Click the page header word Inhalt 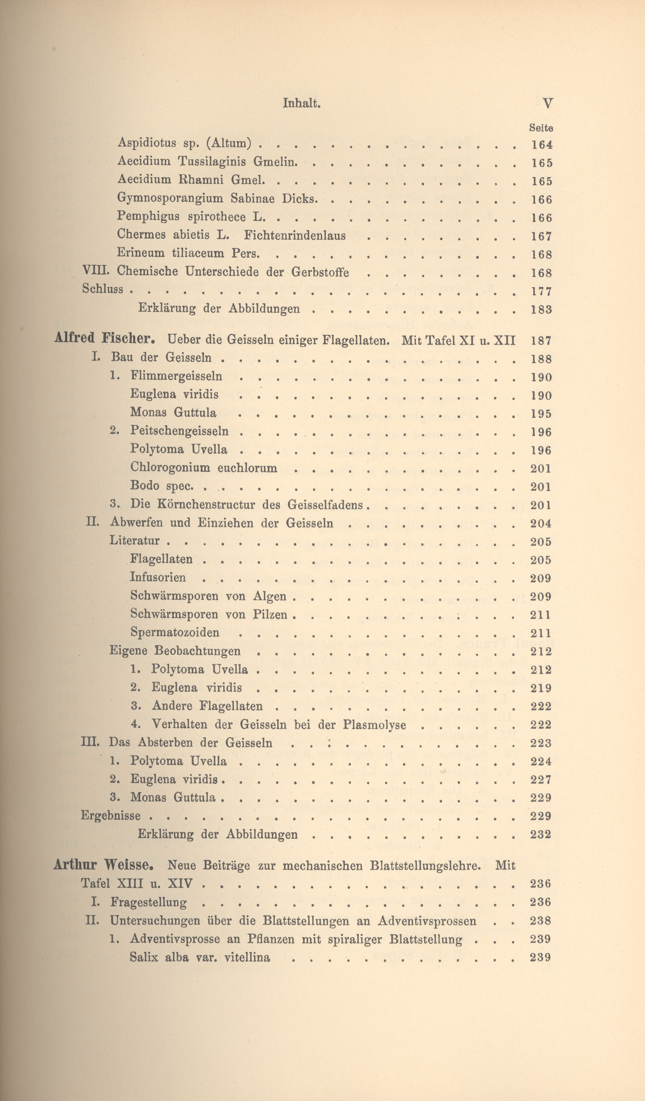click(302, 103)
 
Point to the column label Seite click(541, 128)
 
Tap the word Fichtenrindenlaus click(295, 236)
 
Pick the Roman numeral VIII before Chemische click(94, 271)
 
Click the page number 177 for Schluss click(542, 291)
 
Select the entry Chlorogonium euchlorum click(204, 468)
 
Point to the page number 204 click(541, 523)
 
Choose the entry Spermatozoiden click(175, 633)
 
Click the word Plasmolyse click(374, 725)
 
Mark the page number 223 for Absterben click(541, 743)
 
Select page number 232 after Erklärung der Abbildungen click(541, 835)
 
